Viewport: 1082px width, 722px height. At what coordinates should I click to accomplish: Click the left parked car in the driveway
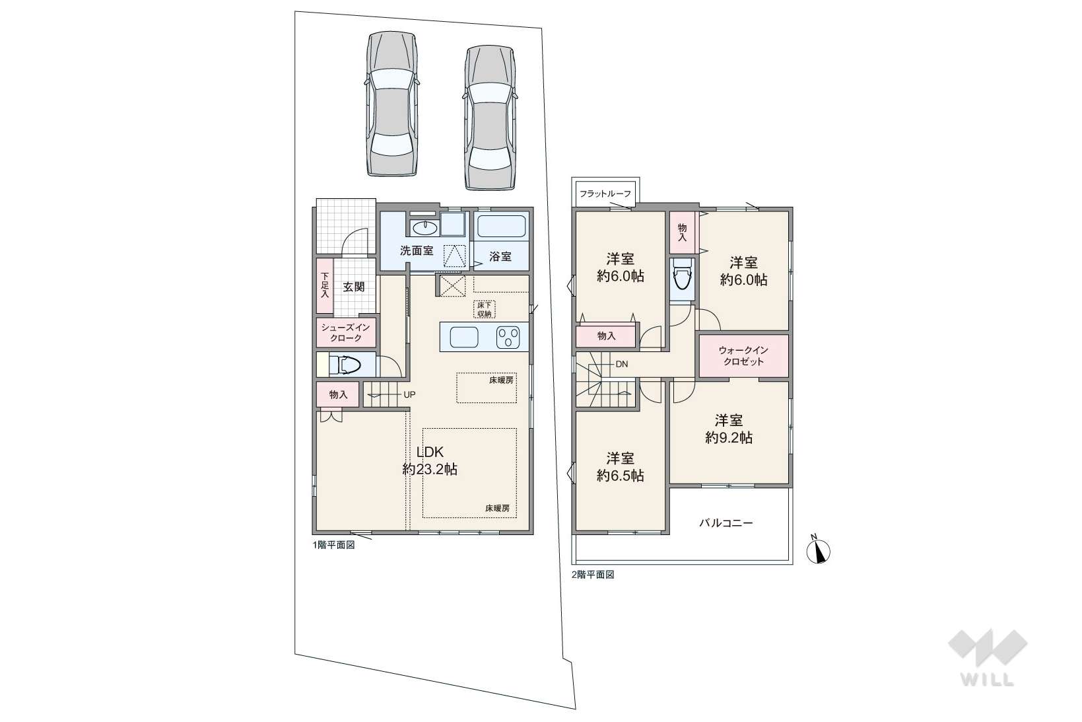(391, 104)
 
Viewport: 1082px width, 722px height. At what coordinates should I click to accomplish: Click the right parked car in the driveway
(490, 118)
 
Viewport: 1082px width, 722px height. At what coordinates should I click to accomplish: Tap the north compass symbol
(818, 550)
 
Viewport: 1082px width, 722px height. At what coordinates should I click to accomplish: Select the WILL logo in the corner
(988, 657)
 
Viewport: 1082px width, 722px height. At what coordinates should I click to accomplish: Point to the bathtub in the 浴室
(501, 226)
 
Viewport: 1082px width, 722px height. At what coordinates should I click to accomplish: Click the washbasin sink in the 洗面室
(425, 227)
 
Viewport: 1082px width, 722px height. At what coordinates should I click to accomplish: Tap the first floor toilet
(345, 365)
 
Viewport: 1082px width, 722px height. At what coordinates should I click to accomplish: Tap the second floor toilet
(682, 274)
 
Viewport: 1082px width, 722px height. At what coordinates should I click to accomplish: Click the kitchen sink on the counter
(463, 337)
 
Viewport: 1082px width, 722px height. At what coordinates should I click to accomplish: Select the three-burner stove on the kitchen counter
(508, 338)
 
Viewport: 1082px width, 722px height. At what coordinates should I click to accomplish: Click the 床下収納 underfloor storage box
(484, 309)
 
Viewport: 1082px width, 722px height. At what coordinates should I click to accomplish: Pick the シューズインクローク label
(346, 332)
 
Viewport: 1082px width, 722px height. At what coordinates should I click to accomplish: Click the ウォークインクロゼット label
(743, 355)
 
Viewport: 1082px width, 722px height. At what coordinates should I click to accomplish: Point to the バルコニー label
(726, 523)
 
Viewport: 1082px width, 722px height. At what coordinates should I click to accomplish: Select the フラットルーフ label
(605, 194)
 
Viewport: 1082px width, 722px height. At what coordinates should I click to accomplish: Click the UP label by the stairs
(409, 395)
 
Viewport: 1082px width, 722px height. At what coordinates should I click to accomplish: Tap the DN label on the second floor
(622, 364)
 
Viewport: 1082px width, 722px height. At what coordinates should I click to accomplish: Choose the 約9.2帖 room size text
(729, 437)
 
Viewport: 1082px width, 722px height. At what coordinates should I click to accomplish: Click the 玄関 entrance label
(354, 287)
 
